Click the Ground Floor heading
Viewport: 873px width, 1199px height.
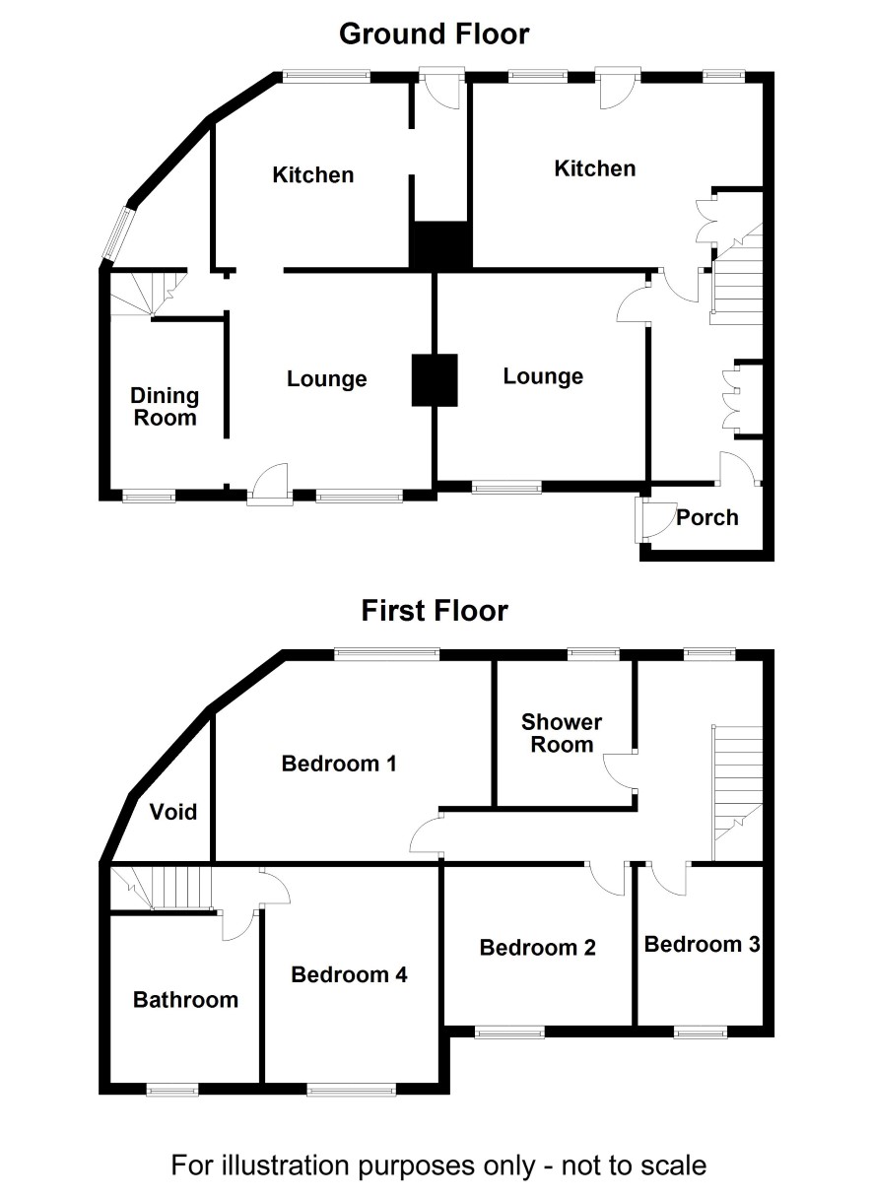(435, 33)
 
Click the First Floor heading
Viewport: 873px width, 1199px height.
(435, 611)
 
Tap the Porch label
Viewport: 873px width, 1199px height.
(707, 517)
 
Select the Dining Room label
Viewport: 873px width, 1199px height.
(165, 406)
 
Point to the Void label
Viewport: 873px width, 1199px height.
(173, 812)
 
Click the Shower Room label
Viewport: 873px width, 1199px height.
(562, 733)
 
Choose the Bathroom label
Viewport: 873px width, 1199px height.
(185, 999)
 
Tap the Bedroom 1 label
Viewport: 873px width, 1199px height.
(339, 764)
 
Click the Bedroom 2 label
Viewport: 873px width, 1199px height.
(537, 947)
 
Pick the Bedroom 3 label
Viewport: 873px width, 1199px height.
(702, 944)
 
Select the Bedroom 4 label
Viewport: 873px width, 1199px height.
(349, 974)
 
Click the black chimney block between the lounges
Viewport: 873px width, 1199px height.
(435, 380)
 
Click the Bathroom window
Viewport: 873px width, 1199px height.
(172, 1089)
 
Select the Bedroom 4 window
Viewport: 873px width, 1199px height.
(352, 1089)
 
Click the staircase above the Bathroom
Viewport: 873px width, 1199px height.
(162, 888)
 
